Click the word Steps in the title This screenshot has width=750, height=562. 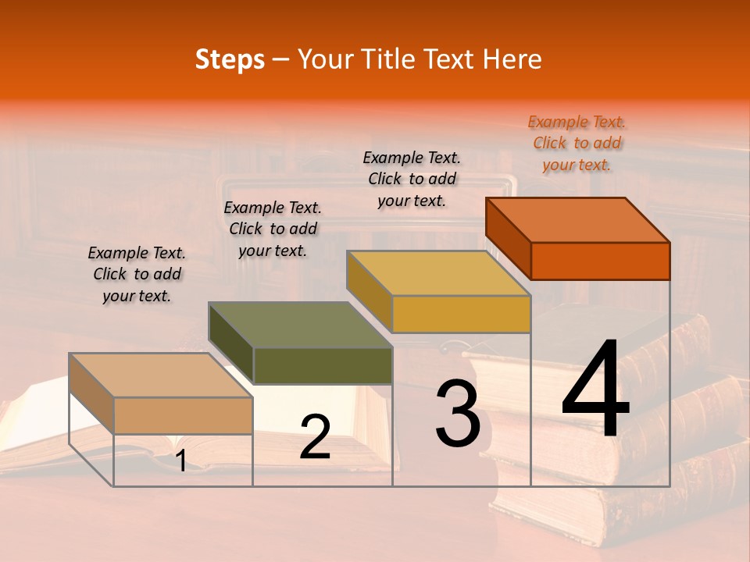[x=230, y=59]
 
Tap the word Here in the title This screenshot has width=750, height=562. [x=512, y=59]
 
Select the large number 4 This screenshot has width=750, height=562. [x=595, y=390]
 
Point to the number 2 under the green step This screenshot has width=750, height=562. [x=315, y=437]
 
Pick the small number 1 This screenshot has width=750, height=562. [x=180, y=461]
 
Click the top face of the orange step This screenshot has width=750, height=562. [x=578, y=219]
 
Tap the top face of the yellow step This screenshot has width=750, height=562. [x=439, y=272]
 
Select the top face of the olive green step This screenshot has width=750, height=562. [x=300, y=325]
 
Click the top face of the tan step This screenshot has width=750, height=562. [x=161, y=375]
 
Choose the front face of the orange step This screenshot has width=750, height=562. [x=600, y=261]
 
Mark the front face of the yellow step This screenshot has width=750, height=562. [x=461, y=314]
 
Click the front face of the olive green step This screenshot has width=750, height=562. [x=323, y=366]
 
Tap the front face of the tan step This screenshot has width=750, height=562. [x=183, y=415]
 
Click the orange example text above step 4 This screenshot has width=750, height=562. [x=577, y=143]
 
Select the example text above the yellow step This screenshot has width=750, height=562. [x=412, y=179]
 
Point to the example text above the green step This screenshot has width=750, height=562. [x=273, y=229]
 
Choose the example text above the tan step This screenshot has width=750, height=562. [x=137, y=274]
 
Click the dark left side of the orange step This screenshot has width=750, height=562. [x=508, y=238]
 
